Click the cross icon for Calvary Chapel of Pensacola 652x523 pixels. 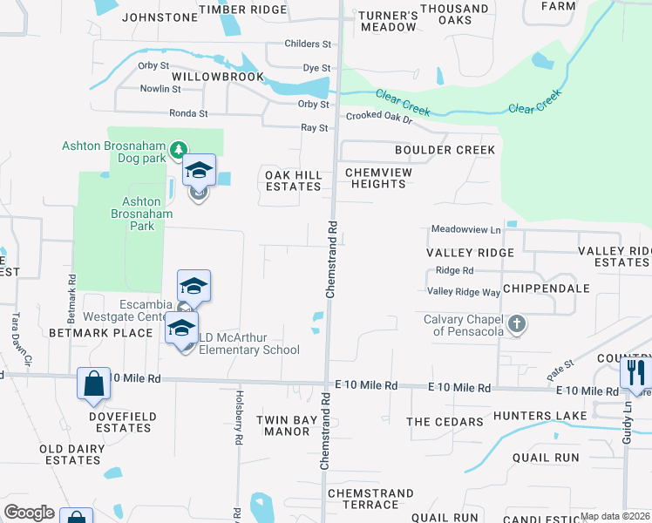click(517, 325)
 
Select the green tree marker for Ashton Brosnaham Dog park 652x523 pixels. click(178, 151)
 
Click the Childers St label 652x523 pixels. click(309, 44)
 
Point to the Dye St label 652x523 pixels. click(316, 67)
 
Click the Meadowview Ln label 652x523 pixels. click(466, 229)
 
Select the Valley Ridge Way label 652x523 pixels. click(463, 292)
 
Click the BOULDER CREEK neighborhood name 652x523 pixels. click(445, 150)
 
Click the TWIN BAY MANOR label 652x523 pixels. click(287, 425)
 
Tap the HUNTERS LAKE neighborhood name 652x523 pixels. click(531, 416)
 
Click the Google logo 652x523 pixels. click(29, 513)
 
